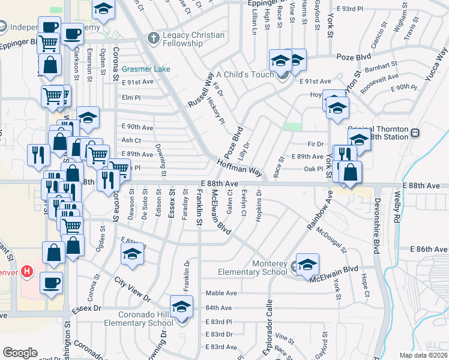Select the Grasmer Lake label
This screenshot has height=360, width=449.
[146, 69]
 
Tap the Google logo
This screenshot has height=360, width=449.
[20, 353]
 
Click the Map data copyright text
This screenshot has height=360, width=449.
[423, 355]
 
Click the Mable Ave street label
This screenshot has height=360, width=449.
[218, 293]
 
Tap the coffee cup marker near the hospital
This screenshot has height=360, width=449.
[51, 283]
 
